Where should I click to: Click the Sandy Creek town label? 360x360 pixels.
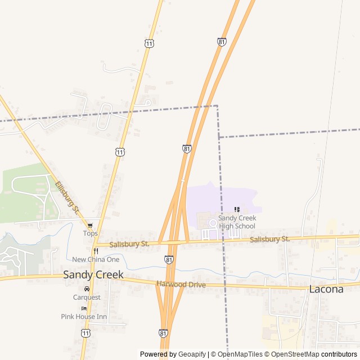[x=93, y=274]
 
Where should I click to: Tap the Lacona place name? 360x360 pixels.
[x=326, y=289]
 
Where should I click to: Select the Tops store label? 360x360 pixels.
[x=90, y=233]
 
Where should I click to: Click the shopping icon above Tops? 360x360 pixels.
[x=90, y=226]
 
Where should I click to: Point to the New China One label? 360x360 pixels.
[x=96, y=259]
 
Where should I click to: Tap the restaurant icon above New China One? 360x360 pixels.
[x=96, y=251]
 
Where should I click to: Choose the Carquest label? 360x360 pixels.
[x=87, y=297]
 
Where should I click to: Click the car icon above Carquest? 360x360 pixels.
[x=87, y=289]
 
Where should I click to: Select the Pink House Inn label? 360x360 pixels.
[x=84, y=317]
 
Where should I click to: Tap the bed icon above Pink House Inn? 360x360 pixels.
[x=84, y=309]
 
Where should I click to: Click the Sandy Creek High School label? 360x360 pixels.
[x=237, y=222]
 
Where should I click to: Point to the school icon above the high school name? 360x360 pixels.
[x=237, y=210]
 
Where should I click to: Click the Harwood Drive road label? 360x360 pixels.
[x=181, y=285]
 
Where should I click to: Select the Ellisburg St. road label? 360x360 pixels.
[x=67, y=197]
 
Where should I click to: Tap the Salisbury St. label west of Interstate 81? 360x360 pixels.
[x=129, y=244]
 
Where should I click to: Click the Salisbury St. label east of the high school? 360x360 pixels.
[x=269, y=239]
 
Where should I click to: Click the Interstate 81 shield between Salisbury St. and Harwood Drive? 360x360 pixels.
[x=169, y=260]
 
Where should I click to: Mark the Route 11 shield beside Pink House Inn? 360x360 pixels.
[x=85, y=334]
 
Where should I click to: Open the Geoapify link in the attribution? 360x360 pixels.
[x=192, y=354]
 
